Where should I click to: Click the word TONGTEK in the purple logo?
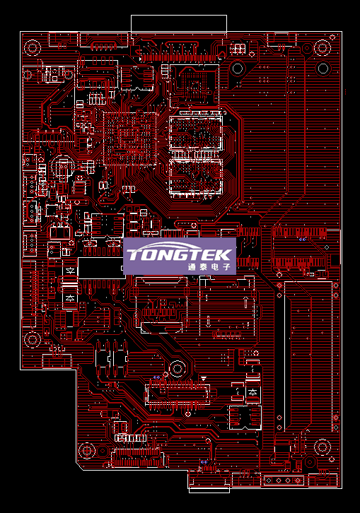179,254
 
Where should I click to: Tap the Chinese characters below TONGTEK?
209,266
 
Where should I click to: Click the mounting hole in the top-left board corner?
33,48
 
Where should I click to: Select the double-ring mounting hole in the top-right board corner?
322,48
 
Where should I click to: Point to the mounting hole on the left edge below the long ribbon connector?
33,340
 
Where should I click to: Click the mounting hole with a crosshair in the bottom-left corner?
87,451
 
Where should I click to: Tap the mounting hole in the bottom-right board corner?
322,447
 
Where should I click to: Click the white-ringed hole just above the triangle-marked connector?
178,369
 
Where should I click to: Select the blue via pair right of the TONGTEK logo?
302,240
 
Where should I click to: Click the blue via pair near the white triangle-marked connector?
157,377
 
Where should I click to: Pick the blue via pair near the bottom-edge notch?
204,462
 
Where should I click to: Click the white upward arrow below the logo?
246,302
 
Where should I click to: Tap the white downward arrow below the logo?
209,322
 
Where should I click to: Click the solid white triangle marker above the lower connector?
204,379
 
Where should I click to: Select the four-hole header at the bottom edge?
284,480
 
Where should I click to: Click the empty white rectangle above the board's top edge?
179,23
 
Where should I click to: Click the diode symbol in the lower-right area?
252,391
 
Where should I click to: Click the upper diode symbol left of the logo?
70,271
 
